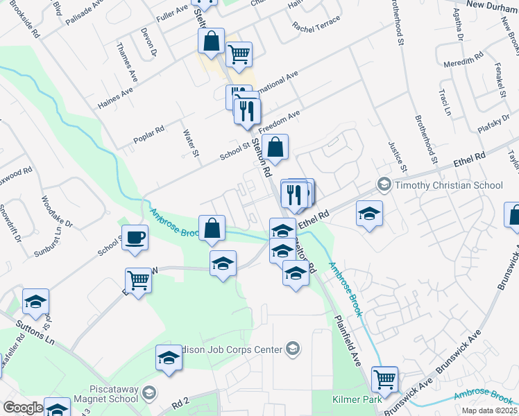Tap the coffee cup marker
[135, 237]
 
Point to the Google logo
[22, 408]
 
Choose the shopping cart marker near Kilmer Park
[384, 379]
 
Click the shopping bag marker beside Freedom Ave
[275, 147]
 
